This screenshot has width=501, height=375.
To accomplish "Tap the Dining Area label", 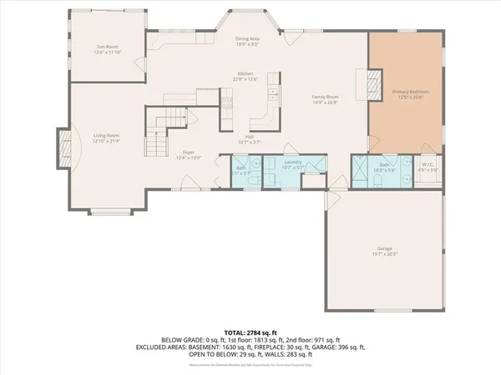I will tap(249, 38).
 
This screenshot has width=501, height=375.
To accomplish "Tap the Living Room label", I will tap(106, 135).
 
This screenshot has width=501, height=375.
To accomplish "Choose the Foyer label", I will tap(188, 152).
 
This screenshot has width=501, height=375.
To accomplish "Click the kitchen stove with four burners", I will tap(227, 104).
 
